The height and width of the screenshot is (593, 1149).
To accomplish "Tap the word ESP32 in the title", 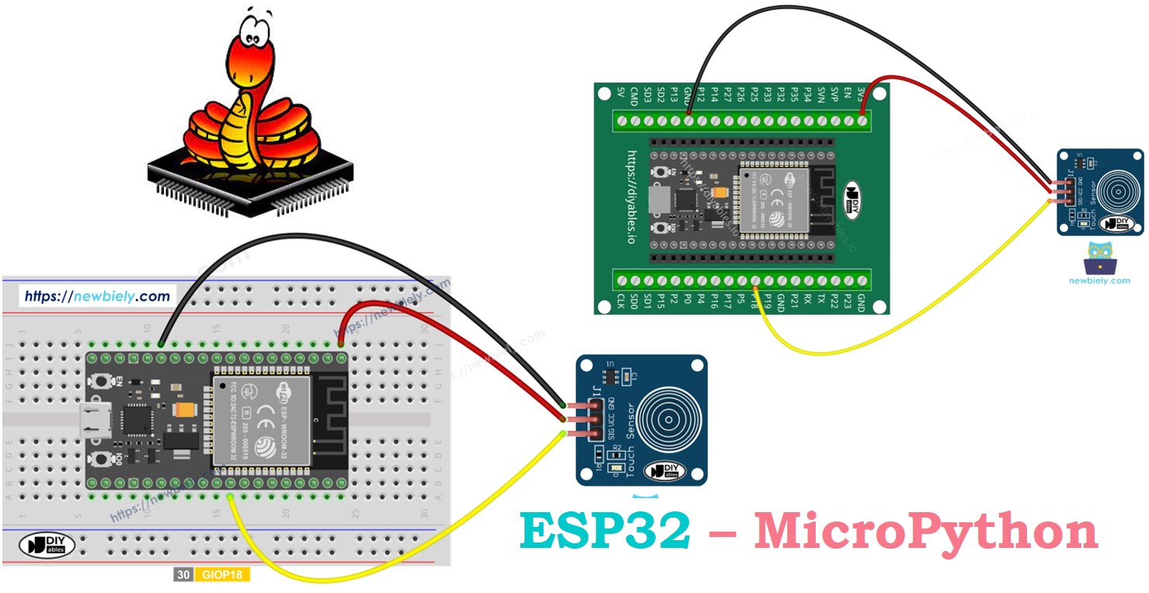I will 605,532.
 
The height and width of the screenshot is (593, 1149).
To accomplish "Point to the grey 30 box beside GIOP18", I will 183,576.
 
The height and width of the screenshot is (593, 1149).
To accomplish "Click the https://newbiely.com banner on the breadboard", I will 97,296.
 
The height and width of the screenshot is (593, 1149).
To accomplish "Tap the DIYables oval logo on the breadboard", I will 47,544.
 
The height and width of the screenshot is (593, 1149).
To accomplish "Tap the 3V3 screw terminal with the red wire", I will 862,120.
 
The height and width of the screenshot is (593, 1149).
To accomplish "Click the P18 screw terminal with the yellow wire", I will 754,281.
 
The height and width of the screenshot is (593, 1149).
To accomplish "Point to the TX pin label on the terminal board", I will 820,299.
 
